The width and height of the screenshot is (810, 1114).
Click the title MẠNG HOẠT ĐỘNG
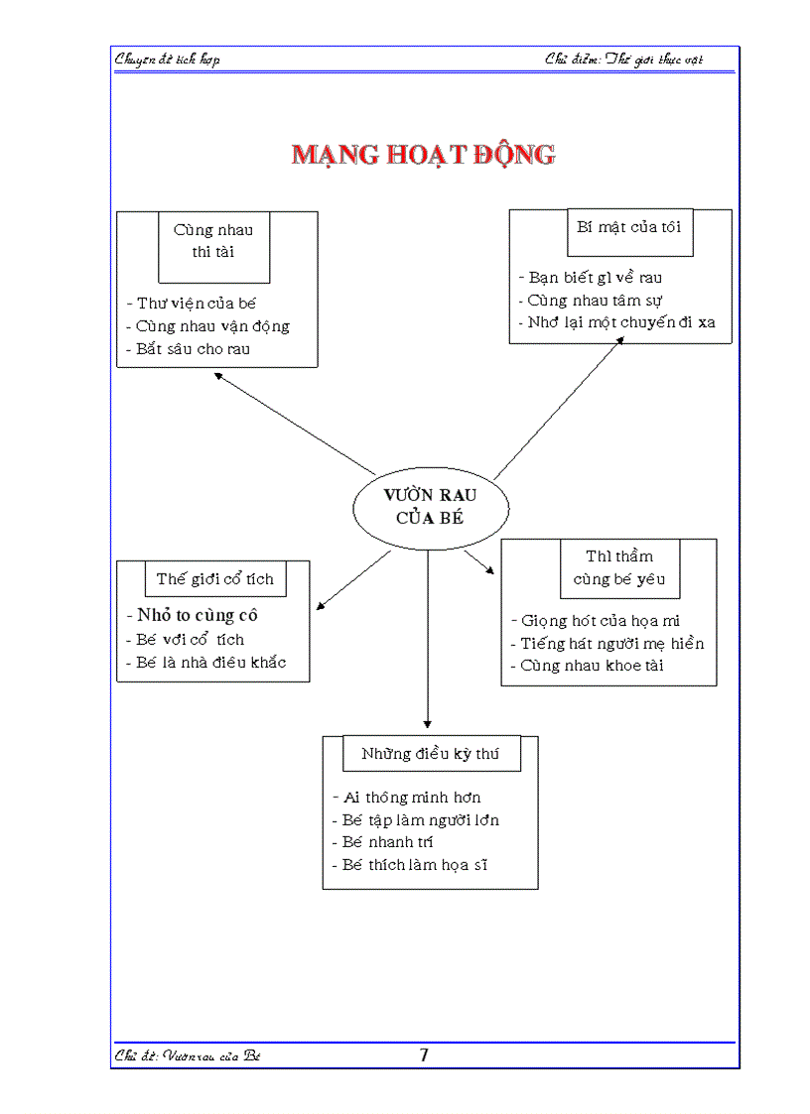[x=424, y=155]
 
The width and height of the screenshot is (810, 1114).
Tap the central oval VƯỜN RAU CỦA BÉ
[x=430, y=506]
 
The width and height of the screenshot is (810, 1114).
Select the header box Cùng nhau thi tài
[x=213, y=241]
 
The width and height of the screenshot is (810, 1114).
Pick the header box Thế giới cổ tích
[x=215, y=578]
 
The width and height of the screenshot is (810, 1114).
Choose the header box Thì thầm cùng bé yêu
[x=619, y=567]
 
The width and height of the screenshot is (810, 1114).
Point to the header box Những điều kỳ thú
[x=430, y=754]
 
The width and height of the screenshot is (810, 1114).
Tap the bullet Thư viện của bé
[x=196, y=304]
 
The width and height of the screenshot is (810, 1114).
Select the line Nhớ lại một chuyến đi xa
[x=620, y=322]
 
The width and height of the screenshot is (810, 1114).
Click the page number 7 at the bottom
[x=424, y=1054]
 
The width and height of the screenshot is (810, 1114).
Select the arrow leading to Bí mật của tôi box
[x=559, y=409]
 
